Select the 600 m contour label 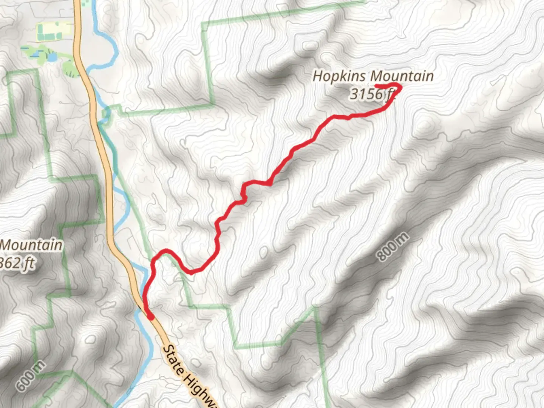(x=31, y=376)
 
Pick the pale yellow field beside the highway (x=53, y=31)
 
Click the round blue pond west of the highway (x=52, y=57)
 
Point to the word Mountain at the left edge (x=31, y=245)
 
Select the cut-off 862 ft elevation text (x=17, y=263)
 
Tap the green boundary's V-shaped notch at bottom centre (x=314, y=308)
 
